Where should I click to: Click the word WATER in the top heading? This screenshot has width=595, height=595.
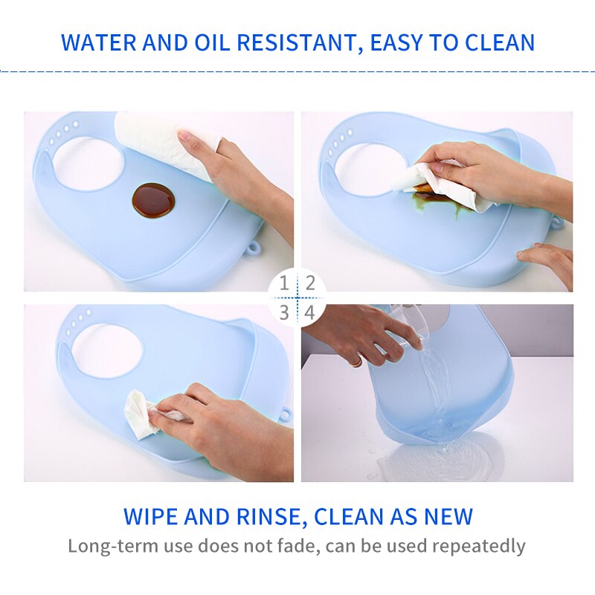coord(98,42)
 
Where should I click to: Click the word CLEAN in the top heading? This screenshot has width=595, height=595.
coord(500,42)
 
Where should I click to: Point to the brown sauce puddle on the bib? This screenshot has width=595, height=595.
coord(154,201)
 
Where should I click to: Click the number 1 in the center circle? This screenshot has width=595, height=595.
coord(284,283)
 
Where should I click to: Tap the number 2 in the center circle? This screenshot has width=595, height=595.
coord(310,283)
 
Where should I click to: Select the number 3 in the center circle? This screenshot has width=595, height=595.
coord(284,312)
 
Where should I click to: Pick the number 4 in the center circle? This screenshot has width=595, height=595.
coord(310,312)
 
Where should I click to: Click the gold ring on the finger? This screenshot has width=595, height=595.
coord(356,361)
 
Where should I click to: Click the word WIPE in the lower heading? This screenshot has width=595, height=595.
coord(150,516)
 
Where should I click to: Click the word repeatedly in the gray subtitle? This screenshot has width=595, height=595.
coord(479,547)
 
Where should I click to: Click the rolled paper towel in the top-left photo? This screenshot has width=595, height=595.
coord(163,144)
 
